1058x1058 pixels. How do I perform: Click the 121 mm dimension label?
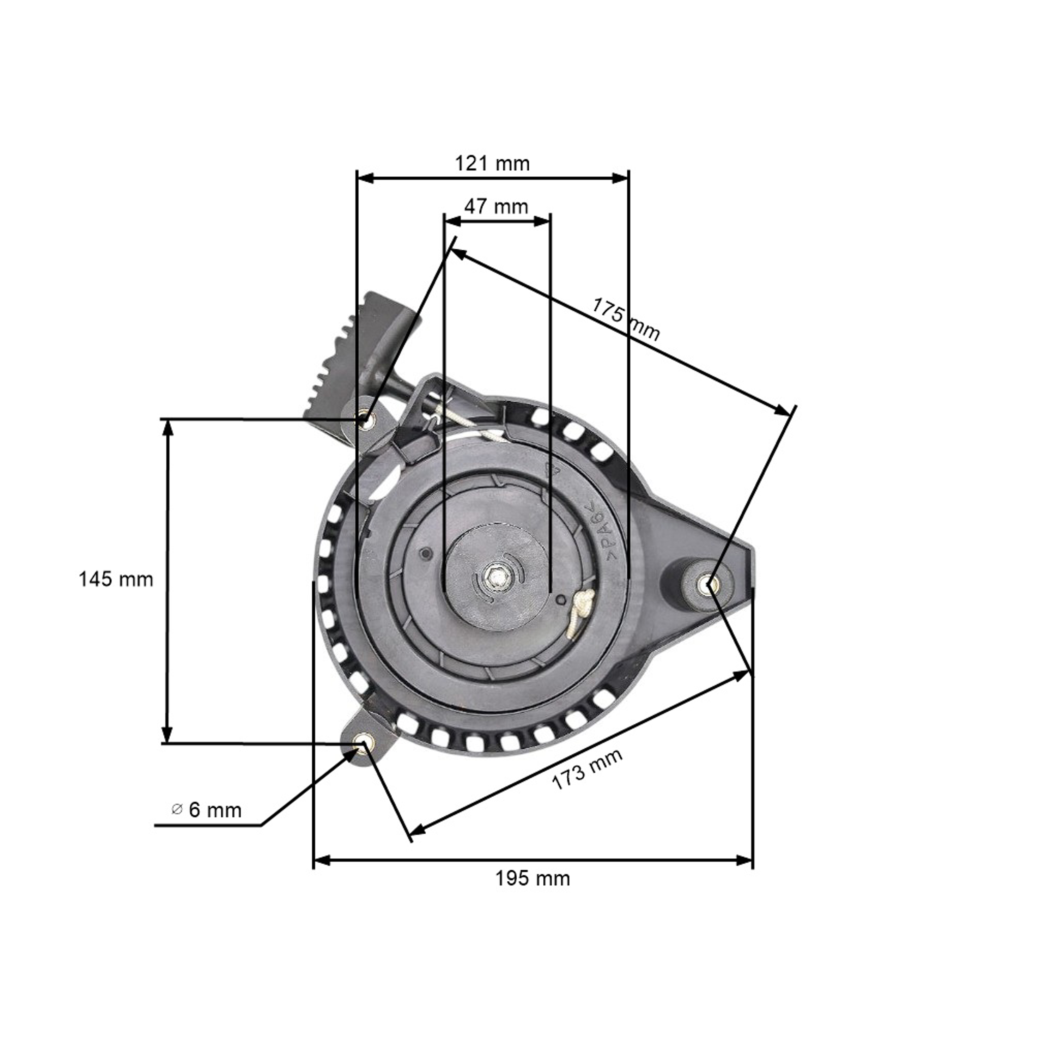(x=492, y=163)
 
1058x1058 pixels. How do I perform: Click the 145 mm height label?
(x=116, y=579)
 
